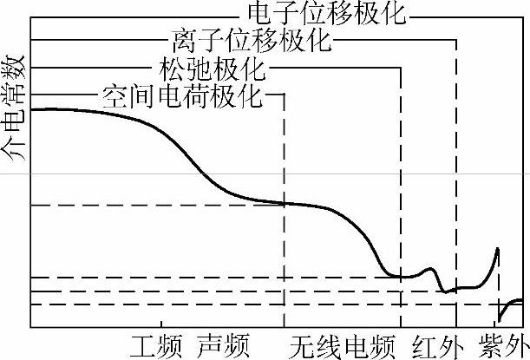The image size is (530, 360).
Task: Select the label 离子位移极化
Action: pos(252,40)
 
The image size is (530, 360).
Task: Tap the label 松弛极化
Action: pos(213,67)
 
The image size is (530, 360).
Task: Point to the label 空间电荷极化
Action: pos(181,94)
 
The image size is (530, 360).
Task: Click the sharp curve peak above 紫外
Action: pos(498,249)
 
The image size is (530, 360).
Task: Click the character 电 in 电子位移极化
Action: pos(259,14)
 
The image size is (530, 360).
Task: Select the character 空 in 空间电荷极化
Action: pos(115,94)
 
